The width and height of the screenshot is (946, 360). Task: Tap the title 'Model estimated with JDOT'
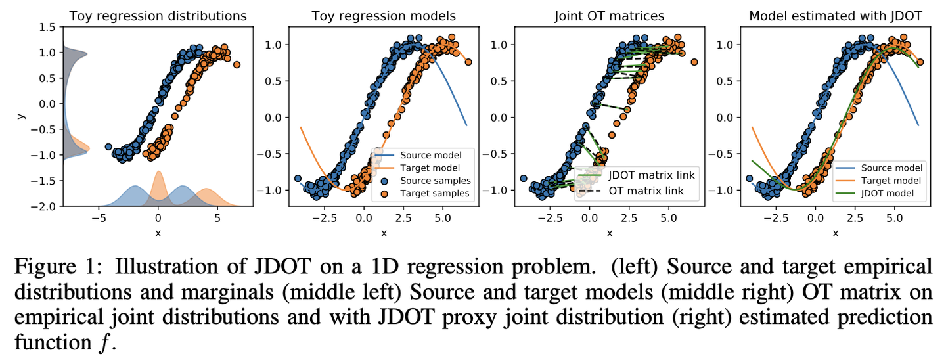click(x=834, y=16)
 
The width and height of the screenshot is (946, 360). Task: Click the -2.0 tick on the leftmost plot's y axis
click(x=47, y=206)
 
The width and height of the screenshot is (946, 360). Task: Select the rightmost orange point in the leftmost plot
click(x=236, y=64)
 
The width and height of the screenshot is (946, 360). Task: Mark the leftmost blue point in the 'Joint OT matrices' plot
click(x=524, y=178)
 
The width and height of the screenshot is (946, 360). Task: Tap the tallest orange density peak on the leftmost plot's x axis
click(x=158, y=173)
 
